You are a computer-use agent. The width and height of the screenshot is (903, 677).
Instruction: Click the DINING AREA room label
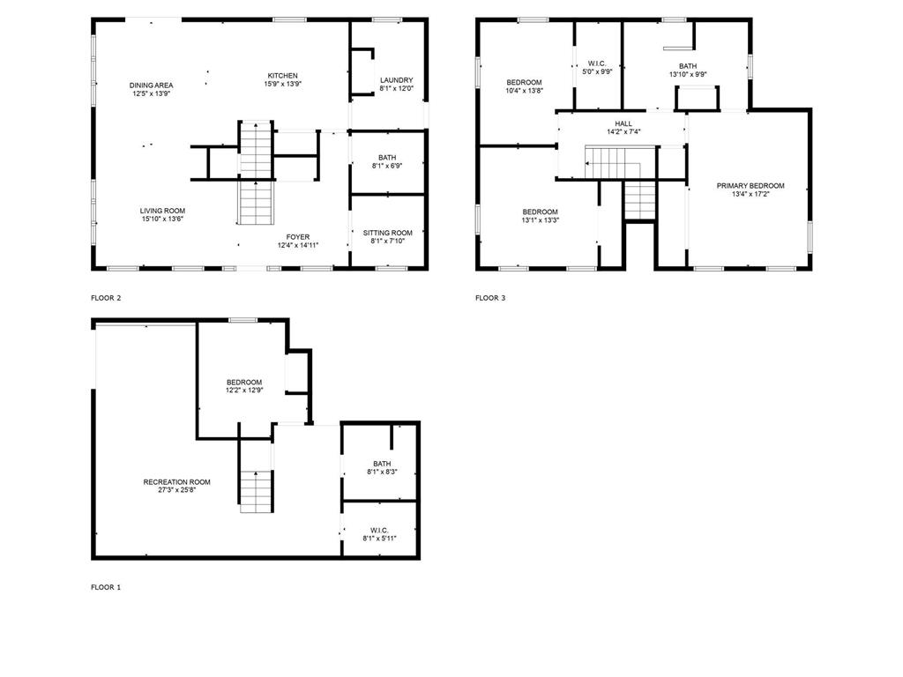pos(151,85)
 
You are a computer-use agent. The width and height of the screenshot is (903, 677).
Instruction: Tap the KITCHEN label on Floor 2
pos(282,76)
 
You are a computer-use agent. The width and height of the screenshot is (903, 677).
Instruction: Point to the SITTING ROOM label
pos(388,233)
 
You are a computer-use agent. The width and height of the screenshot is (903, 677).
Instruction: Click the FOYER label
pos(297,236)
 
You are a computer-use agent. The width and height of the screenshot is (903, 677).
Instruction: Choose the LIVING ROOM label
pos(162,211)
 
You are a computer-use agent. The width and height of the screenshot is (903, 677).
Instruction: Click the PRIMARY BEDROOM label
pos(750,186)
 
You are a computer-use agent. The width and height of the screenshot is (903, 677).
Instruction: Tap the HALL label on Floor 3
pos(623,123)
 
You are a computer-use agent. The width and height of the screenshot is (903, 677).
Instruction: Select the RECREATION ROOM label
pos(176,481)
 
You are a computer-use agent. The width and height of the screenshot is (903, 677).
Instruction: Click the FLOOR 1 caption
pos(106,587)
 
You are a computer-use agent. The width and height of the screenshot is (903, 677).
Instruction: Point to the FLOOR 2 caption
pos(106,298)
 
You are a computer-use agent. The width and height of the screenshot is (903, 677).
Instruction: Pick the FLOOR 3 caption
pos(490,298)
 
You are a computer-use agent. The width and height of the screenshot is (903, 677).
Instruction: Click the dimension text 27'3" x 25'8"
pos(176,490)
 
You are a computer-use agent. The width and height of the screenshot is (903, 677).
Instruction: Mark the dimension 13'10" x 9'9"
pos(688,74)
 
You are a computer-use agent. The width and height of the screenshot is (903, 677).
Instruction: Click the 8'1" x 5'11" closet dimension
pos(379,538)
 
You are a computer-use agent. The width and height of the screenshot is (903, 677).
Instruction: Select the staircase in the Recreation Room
pos(256,490)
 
